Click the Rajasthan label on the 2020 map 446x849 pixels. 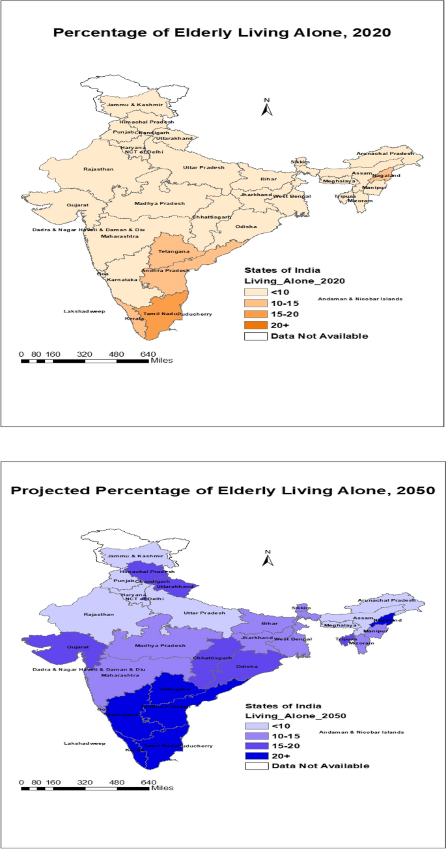click(98, 169)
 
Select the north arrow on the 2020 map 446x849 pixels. click(266, 107)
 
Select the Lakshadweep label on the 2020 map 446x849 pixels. click(80, 312)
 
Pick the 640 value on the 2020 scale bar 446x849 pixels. click(148, 354)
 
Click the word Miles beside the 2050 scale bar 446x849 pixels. click(161, 788)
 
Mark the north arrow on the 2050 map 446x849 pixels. click(266, 557)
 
